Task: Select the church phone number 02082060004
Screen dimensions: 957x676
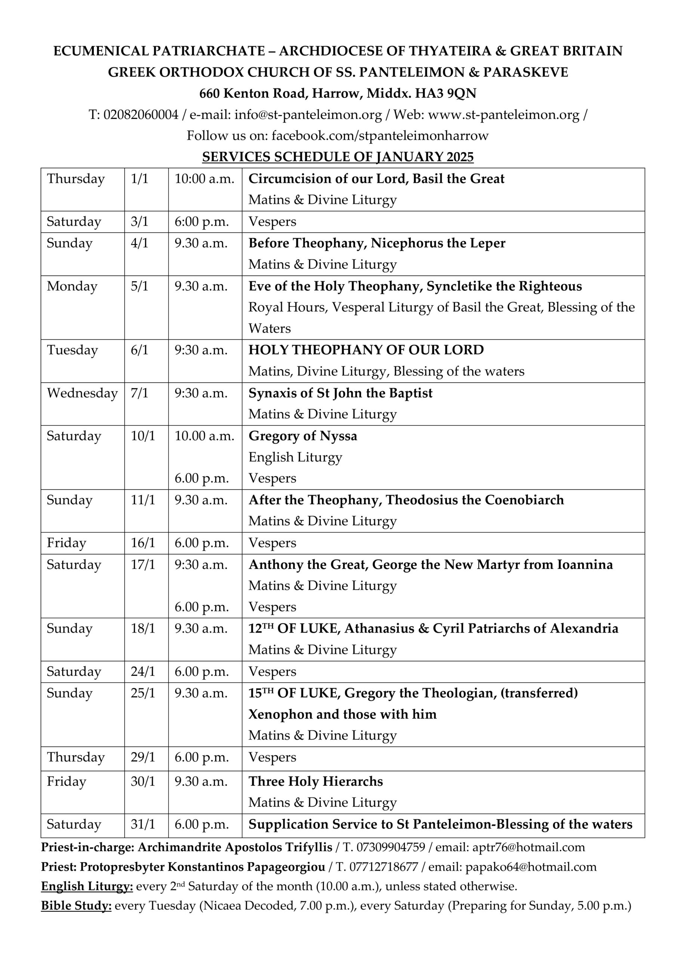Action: [141, 115]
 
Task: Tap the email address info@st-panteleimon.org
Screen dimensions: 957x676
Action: [308, 115]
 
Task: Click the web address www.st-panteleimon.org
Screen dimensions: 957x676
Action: [503, 115]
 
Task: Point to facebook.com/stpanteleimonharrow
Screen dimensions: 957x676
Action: [380, 135]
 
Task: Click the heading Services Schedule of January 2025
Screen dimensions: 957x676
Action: [337, 157]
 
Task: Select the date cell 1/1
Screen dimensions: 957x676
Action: [139, 179]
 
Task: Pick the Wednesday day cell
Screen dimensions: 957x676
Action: [82, 393]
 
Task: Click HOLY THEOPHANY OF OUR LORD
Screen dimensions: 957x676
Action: [366, 350]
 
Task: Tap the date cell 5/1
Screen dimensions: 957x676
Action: [139, 286]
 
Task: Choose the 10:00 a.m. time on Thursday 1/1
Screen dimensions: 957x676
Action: [204, 179]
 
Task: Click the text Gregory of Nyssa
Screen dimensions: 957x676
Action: [303, 436]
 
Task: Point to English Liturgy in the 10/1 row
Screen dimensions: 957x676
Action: [295, 457]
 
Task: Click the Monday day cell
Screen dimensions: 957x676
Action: [72, 286]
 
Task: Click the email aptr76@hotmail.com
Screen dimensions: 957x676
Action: [528, 847]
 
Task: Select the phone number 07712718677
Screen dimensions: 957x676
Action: [383, 867]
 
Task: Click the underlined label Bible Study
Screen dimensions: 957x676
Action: [76, 906]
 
